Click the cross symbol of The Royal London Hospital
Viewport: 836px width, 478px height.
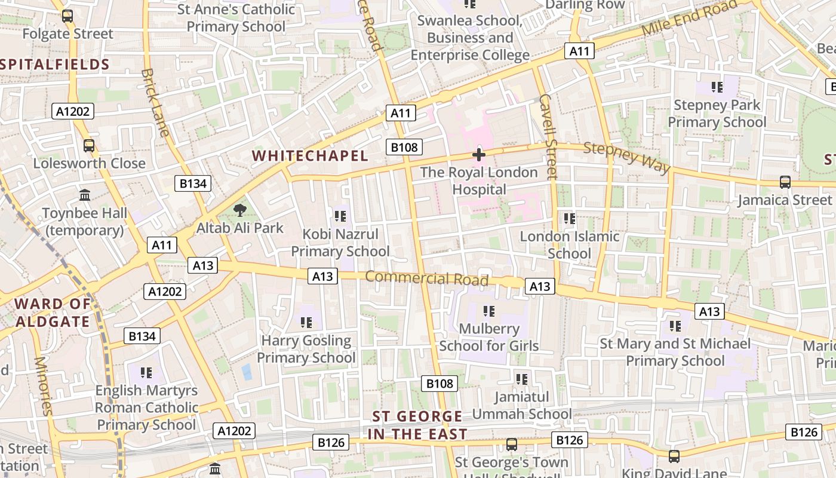(478, 155)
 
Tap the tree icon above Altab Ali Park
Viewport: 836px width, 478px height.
(239, 210)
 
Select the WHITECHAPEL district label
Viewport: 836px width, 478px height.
(310, 156)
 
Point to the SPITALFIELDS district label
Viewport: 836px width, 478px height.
(55, 65)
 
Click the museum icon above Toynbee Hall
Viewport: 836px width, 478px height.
(85, 195)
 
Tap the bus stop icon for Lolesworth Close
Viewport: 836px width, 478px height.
(89, 145)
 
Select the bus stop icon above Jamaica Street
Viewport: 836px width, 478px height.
(785, 182)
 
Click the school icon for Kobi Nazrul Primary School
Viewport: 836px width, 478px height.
(340, 216)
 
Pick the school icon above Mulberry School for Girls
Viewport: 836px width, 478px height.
(489, 311)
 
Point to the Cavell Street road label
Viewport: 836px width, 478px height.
(548, 136)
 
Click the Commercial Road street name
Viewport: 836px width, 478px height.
(426, 278)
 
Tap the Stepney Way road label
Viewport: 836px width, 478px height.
(626, 157)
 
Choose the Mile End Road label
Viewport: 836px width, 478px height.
(689, 18)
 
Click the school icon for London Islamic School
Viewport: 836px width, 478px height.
(570, 219)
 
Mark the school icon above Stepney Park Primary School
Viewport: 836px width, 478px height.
(717, 87)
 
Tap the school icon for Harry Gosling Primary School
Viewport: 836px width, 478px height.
(306, 323)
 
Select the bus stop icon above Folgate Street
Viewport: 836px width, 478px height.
(67, 16)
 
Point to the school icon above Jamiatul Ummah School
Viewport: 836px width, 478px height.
(522, 379)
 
